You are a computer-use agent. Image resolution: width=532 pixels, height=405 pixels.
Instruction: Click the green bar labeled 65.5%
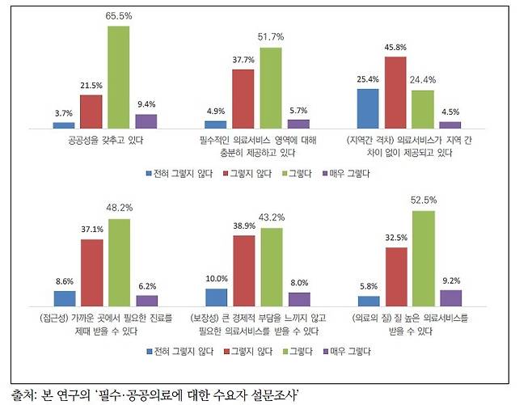click(x=119, y=77)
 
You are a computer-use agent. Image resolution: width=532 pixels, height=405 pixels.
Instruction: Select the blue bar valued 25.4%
click(x=369, y=108)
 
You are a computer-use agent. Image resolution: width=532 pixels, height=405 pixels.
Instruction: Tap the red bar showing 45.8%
click(x=396, y=92)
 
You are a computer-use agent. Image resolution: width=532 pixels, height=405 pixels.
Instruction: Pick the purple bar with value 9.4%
click(x=146, y=121)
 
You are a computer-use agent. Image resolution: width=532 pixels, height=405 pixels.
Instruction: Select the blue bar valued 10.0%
click(x=217, y=298)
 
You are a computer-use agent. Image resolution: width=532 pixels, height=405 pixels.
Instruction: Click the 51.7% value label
click(x=271, y=38)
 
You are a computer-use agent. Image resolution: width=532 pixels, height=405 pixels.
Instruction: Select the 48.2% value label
click(x=119, y=209)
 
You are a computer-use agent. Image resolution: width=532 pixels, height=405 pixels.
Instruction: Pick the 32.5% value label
click(x=396, y=238)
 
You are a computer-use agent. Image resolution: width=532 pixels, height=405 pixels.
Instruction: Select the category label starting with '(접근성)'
click(x=105, y=325)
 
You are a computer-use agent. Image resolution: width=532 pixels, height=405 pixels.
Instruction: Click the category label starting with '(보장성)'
click(x=258, y=325)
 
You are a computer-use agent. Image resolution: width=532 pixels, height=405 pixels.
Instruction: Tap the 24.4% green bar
click(x=424, y=109)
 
